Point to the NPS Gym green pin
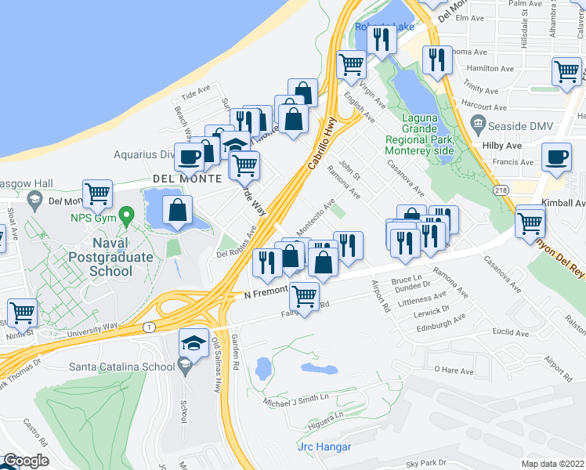click(x=128, y=214)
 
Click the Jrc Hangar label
click(x=324, y=447)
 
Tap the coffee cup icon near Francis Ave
click(x=556, y=156)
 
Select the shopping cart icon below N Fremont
click(x=304, y=296)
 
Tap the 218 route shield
click(x=501, y=190)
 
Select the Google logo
click(x=26, y=461)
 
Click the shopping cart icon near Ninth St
click(x=22, y=313)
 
